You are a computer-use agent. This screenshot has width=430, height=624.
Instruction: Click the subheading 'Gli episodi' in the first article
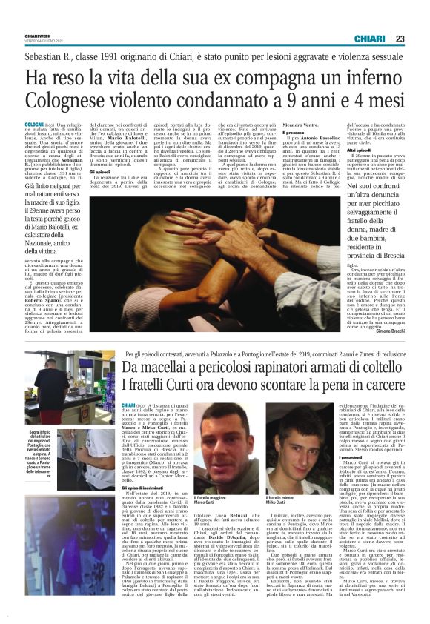click(x=99, y=172)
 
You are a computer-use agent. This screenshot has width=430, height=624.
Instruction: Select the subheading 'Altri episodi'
click(x=359, y=150)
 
